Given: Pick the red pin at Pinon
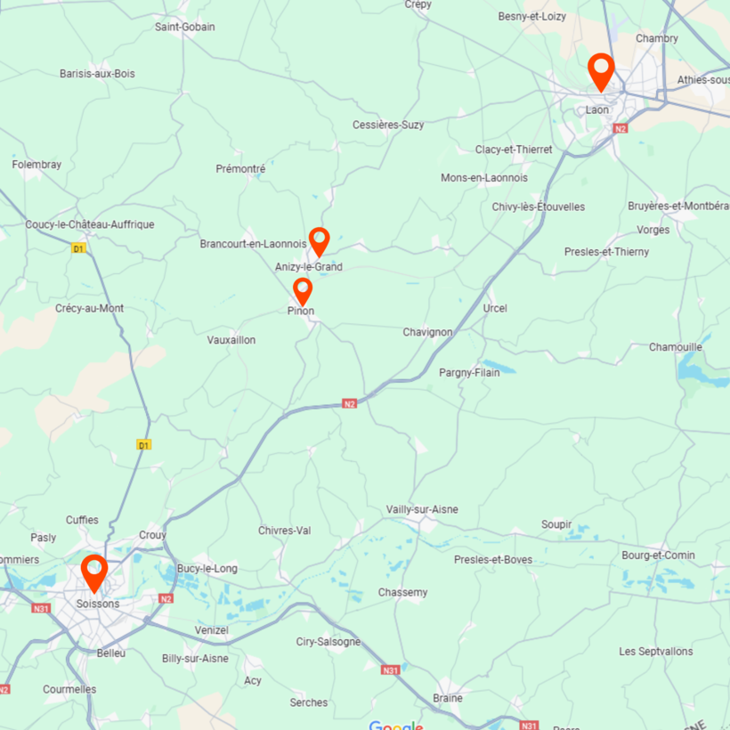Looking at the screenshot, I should [303, 290].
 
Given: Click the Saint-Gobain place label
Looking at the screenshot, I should [184, 27].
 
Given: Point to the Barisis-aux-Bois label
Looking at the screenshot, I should [97, 73].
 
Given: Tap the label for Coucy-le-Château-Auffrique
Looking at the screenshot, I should [90, 224].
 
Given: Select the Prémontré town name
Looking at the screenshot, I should [240, 168].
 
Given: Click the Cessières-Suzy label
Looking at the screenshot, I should [388, 125].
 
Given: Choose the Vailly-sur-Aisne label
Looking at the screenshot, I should [422, 509].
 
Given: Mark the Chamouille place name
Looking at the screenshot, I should [675, 346].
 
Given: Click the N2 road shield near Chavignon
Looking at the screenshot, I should [349, 403].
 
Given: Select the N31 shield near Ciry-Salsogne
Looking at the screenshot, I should [390, 669].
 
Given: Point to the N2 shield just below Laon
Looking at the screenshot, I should [620, 128].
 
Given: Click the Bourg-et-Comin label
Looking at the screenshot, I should [658, 555].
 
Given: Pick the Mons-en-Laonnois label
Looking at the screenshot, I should [484, 178].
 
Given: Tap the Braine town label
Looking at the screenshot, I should [447, 698].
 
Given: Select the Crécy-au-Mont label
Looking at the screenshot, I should [89, 308].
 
